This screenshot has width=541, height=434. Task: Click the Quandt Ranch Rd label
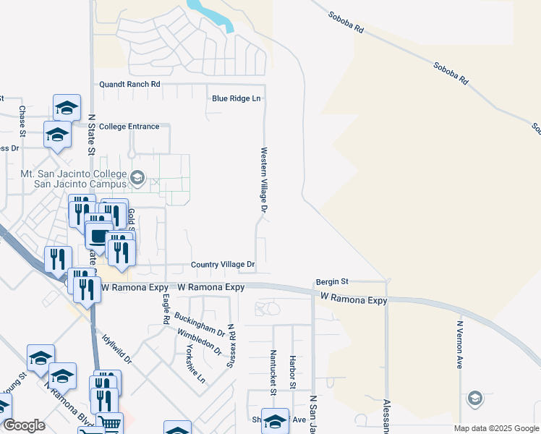pos(129,85)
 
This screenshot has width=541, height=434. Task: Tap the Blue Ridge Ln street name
pos(236,98)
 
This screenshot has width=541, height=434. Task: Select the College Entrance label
pos(129,127)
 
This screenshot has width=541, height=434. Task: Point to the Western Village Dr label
pos(264,180)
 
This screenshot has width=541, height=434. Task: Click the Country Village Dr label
pos(223,265)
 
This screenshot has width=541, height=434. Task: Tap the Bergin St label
pos(332,281)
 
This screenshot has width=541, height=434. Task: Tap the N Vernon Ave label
pos(459,346)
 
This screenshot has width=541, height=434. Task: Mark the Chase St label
pos(22,121)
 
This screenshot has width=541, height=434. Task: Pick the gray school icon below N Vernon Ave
pos(474,399)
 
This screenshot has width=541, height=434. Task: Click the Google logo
pos(23,425)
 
